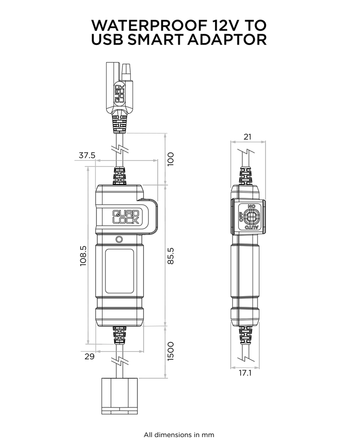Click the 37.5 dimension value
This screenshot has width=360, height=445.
(87, 155)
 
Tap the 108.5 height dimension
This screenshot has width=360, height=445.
(83, 256)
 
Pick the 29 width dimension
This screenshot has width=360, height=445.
(89, 356)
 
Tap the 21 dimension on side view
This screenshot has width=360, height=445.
(248, 137)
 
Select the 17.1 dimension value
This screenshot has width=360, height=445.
(245, 373)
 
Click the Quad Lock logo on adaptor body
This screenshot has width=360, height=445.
(126, 217)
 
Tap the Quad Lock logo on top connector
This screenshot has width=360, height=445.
(119, 94)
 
